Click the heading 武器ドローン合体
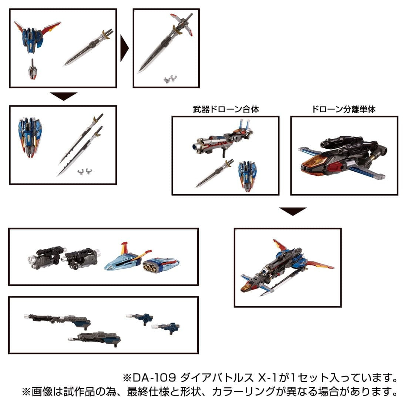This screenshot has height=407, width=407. point(225,110)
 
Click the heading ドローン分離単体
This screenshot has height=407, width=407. point(344,110)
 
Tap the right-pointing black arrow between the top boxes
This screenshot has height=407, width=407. point(125,48)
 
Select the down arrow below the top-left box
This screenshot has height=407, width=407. point(64,96)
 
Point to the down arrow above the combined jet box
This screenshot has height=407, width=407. point(292,211)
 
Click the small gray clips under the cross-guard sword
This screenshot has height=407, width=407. point(171,78)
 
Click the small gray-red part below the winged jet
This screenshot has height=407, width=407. point(33,70)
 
